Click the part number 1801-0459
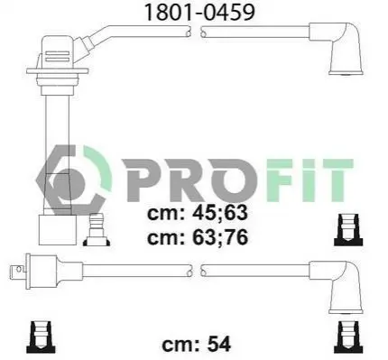199,12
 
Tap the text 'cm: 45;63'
198,213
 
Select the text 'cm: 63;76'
198,236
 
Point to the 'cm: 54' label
197,344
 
